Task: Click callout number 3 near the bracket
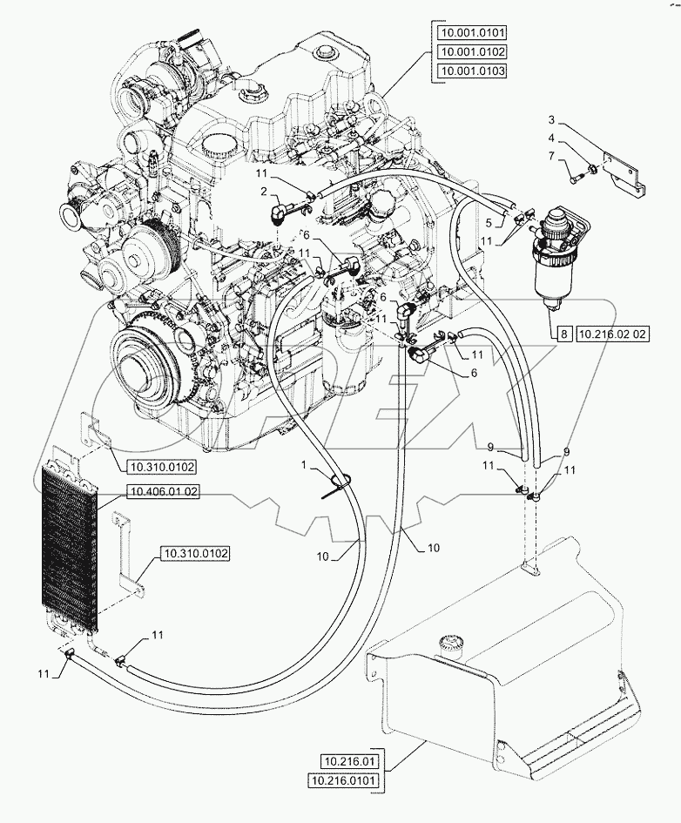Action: tap(551, 118)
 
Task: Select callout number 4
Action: tap(551, 137)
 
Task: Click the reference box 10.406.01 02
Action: tap(163, 491)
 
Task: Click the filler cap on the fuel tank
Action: tap(450, 644)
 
